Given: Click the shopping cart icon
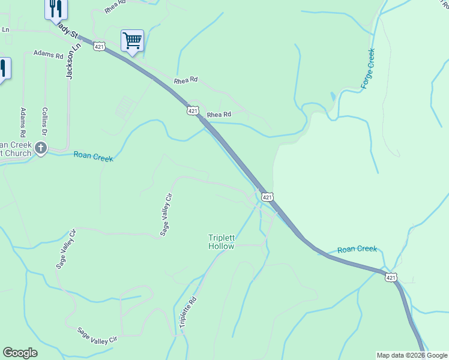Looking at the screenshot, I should tap(132, 41).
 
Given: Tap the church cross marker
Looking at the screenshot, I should tap(41, 148).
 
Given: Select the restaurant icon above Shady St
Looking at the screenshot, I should tap(56, 8).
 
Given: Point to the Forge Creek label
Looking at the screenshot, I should tap(368, 69).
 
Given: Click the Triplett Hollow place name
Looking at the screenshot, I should tap(221, 242).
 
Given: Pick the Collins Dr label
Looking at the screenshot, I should tap(44, 122).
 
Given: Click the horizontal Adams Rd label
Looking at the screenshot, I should tap(48, 55).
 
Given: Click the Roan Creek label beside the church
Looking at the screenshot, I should tap(93, 156).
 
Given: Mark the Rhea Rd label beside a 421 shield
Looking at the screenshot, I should tap(219, 115).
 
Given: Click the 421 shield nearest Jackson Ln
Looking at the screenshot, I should tap(99, 46).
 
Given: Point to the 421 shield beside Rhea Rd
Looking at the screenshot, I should tap(193, 111).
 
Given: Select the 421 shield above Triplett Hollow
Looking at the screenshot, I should tap(268, 197).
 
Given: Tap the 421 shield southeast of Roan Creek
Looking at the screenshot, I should tap(391, 277).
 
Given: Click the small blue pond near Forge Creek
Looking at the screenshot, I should tap(333, 96).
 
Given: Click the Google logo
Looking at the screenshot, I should tap(20, 353).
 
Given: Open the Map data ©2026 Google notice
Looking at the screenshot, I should tap(412, 355).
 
